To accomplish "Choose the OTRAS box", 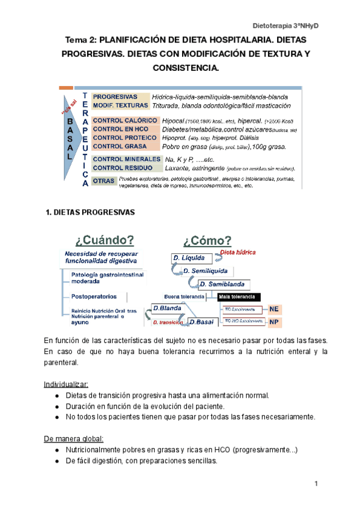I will coord(104,181).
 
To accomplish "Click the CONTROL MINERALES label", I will coord(127,159).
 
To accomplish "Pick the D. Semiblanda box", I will coord(222,284).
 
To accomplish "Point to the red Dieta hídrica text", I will coord(238,252).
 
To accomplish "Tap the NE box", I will coord(274,308).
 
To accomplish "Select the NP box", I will coord(274,321).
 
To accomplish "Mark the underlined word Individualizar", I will coord(66,384).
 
